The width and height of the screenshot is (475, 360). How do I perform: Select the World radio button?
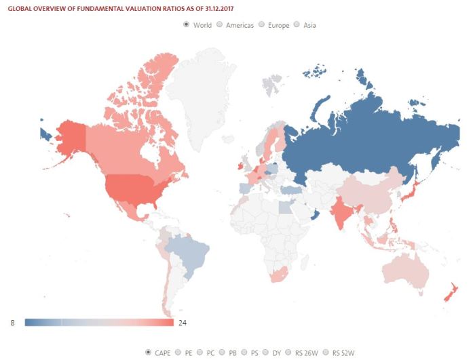[187, 25]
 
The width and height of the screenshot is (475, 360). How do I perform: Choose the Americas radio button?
[219, 25]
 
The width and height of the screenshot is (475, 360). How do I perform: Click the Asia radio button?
[297, 25]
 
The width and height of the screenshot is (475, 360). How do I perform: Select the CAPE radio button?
[149, 352]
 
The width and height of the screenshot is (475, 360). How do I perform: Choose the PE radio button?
[178, 352]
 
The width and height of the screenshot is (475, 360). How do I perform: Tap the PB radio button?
[226, 352]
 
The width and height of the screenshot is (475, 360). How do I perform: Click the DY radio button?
[274, 352]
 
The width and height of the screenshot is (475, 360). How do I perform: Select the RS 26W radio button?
[298, 352]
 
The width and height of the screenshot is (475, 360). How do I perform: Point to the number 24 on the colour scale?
[182, 323]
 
